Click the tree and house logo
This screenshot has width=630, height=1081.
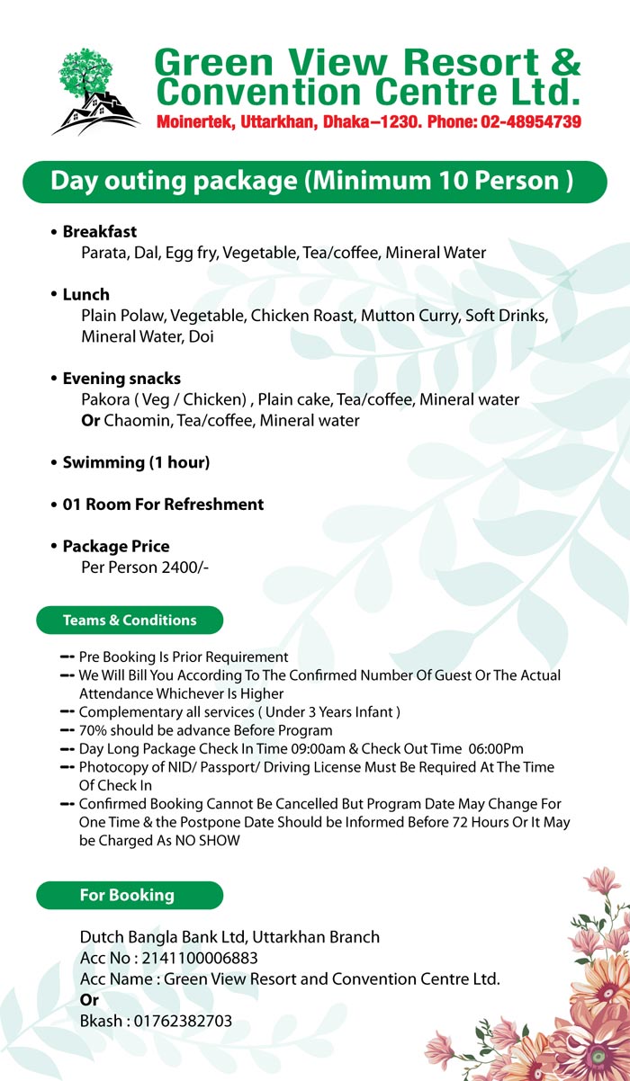(x=95, y=91)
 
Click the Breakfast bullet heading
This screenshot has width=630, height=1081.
(x=99, y=232)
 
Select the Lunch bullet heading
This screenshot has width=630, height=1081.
(x=85, y=294)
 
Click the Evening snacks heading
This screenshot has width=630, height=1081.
(x=121, y=379)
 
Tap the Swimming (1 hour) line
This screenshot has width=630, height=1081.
(x=135, y=462)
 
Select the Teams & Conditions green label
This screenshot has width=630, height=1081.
(x=130, y=621)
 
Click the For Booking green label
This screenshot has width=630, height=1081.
(x=127, y=895)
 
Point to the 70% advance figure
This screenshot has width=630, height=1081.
(x=94, y=730)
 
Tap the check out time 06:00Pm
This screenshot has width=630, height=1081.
(x=490, y=748)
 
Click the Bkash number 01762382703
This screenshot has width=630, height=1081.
(x=181, y=1021)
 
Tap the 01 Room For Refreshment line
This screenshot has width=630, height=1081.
(x=163, y=505)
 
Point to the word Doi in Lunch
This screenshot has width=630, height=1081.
(x=203, y=337)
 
